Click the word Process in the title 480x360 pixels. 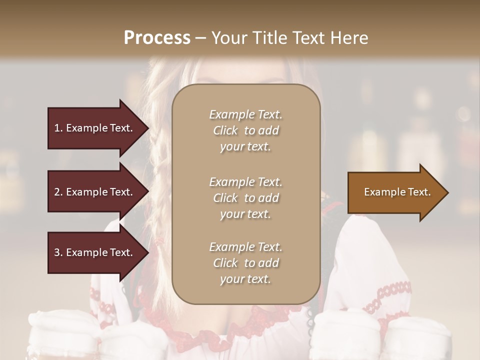point(157,38)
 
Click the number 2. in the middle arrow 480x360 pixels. point(58,192)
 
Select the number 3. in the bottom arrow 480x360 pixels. point(58,252)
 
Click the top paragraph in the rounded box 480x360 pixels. point(245,130)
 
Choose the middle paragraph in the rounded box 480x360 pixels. point(245,198)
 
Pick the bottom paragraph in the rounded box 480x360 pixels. point(245,263)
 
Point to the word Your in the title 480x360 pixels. point(228,38)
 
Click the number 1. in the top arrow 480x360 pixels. point(58,128)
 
